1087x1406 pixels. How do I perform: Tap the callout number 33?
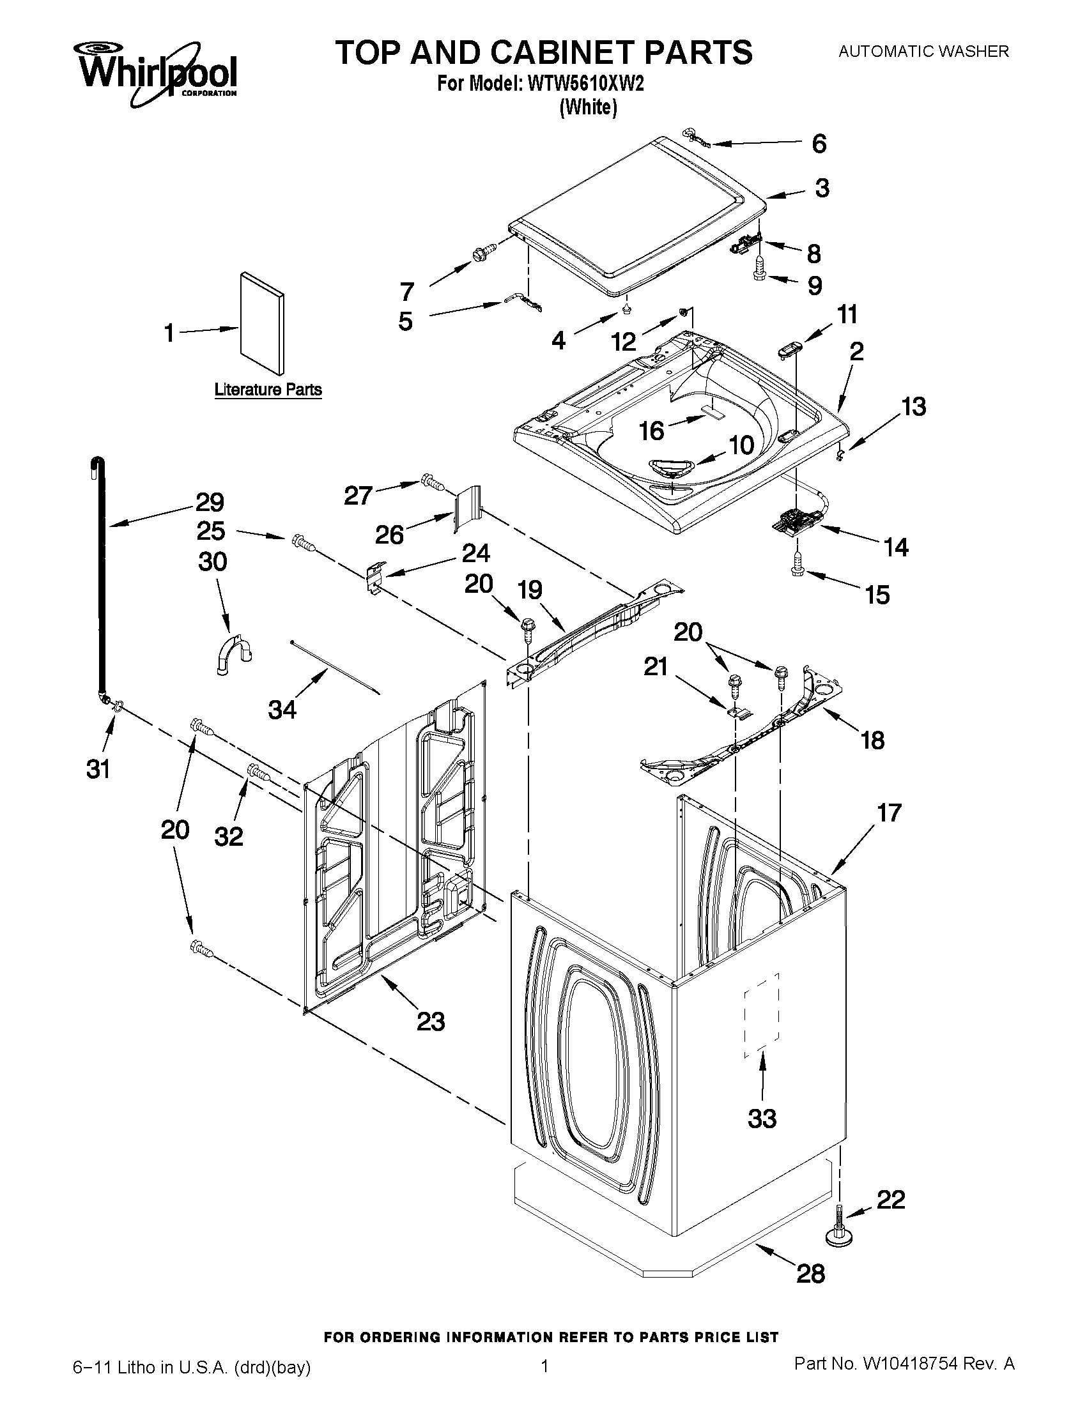click(x=762, y=1119)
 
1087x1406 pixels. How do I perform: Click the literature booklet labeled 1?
click(x=261, y=323)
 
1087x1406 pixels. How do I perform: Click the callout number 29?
click(x=210, y=502)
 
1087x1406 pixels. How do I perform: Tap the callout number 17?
click(x=889, y=813)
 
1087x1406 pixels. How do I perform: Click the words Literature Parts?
click(x=268, y=390)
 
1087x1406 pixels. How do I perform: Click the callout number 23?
click(x=430, y=1021)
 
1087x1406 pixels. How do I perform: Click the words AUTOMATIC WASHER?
click(x=923, y=52)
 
